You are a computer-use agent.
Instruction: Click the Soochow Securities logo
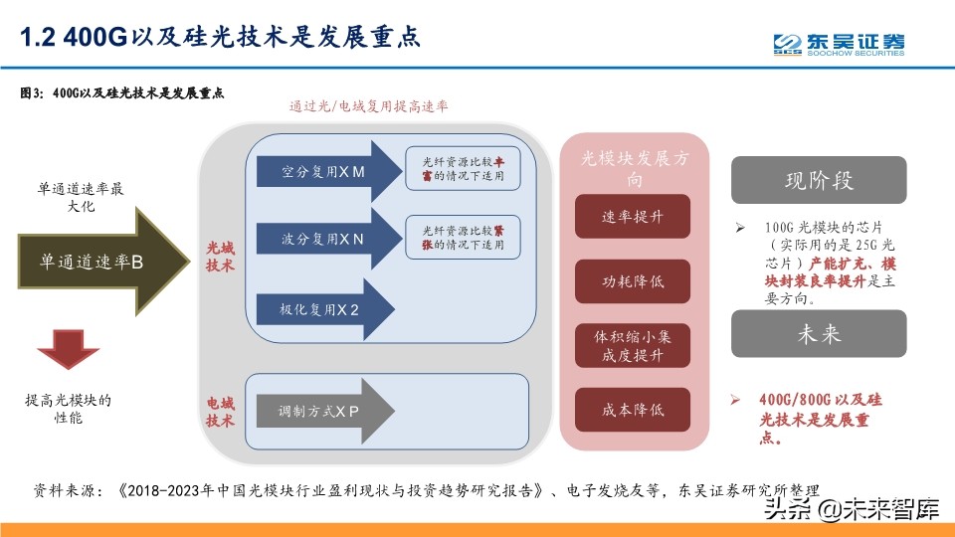(x=840, y=45)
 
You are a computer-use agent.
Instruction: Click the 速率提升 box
(x=633, y=216)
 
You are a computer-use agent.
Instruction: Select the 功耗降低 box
(x=633, y=281)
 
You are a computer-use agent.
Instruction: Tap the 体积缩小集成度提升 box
(x=633, y=345)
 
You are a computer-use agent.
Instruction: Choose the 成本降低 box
(x=633, y=409)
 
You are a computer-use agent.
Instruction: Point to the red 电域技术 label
(x=220, y=412)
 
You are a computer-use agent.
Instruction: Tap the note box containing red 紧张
(x=456, y=237)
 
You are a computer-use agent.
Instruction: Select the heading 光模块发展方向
(x=633, y=167)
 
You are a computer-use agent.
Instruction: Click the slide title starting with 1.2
(x=222, y=38)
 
